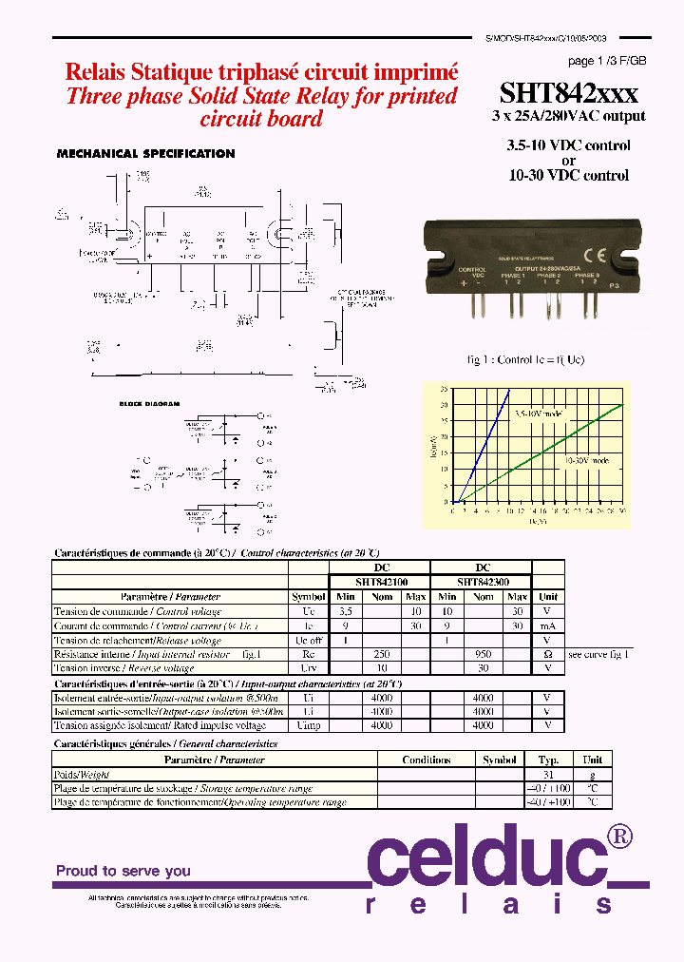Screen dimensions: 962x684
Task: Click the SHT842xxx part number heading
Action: pos(568,93)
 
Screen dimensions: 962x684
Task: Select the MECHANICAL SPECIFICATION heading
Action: pos(145,154)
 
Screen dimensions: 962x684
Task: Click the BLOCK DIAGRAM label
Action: pos(149,404)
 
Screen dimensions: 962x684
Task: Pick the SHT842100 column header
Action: pos(379,582)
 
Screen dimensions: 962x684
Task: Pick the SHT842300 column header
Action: pos(482,582)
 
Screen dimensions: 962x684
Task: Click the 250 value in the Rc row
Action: pos(381,655)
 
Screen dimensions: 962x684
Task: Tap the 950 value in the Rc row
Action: pos(483,655)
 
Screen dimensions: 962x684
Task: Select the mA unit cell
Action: pos(547,626)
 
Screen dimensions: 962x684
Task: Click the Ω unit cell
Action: pos(547,655)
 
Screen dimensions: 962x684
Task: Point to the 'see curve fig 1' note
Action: pos(598,655)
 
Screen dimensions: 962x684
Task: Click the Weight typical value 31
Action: pos(548,775)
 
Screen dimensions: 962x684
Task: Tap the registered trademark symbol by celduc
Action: pos(619,837)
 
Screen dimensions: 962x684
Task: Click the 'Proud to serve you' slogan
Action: pos(123,871)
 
